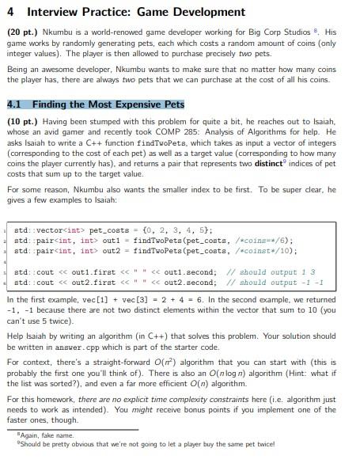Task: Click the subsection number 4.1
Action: pyautogui.click(x=15, y=104)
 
